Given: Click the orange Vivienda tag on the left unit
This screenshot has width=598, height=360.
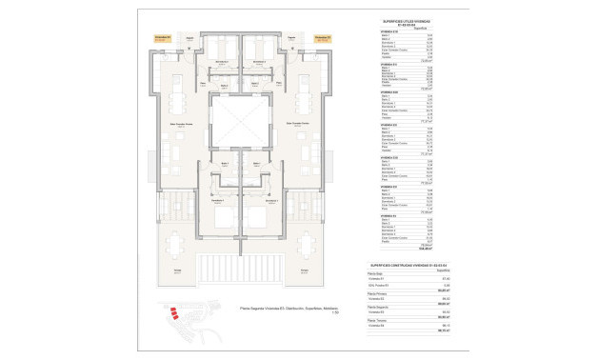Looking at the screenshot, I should (163, 39).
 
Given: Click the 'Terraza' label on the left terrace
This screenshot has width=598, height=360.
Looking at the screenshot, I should (177, 271).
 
